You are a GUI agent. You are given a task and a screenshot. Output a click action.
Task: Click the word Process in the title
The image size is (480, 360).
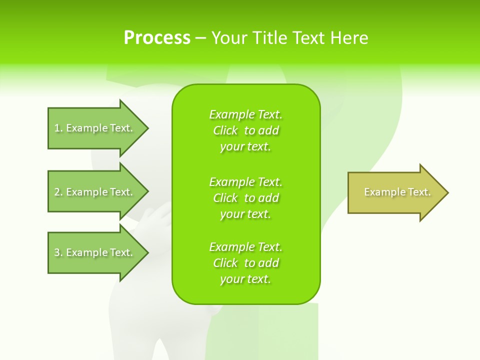pos(157,38)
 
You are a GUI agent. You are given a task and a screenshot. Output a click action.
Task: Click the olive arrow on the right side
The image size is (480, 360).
pos(395,192)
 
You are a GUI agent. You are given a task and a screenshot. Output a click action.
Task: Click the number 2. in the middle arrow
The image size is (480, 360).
pos(58,192)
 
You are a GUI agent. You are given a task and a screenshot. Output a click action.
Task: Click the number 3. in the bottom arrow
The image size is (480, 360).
pos(58,252)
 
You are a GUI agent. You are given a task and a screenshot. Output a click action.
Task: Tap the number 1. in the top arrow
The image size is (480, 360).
pos(58,128)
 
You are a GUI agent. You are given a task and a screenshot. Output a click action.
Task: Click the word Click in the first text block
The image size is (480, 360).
pos(225,130)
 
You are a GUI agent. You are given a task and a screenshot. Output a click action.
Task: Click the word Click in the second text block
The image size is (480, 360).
pos(225,198)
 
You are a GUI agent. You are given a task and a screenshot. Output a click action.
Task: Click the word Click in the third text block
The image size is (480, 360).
pos(225,263)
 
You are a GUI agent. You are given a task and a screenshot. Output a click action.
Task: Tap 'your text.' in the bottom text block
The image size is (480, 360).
pos(245,279)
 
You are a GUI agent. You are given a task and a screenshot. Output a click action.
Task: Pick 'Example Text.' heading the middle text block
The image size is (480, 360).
pos(245,182)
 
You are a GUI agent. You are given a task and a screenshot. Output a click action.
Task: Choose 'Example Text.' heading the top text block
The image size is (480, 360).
pos(245,114)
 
